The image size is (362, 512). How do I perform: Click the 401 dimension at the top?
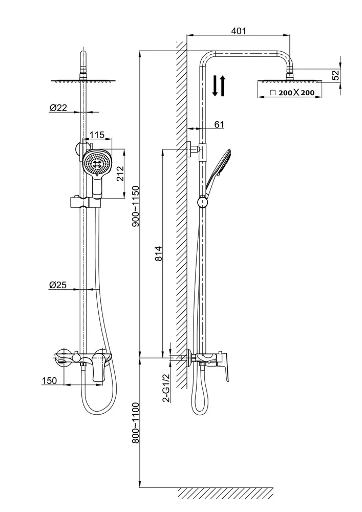click(x=239, y=31)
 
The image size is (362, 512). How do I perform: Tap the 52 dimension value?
click(x=335, y=75)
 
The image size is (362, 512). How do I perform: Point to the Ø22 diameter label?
click(x=58, y=108)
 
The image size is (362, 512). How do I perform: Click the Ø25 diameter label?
click(x=58, y=286)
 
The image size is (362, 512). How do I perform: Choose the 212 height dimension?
click(x=119, y=175)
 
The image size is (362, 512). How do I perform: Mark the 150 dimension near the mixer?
click(x=49, y=380)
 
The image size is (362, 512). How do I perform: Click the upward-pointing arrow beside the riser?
click(x=223, y=86)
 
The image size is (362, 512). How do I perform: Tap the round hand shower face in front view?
click(x=97, y=163)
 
